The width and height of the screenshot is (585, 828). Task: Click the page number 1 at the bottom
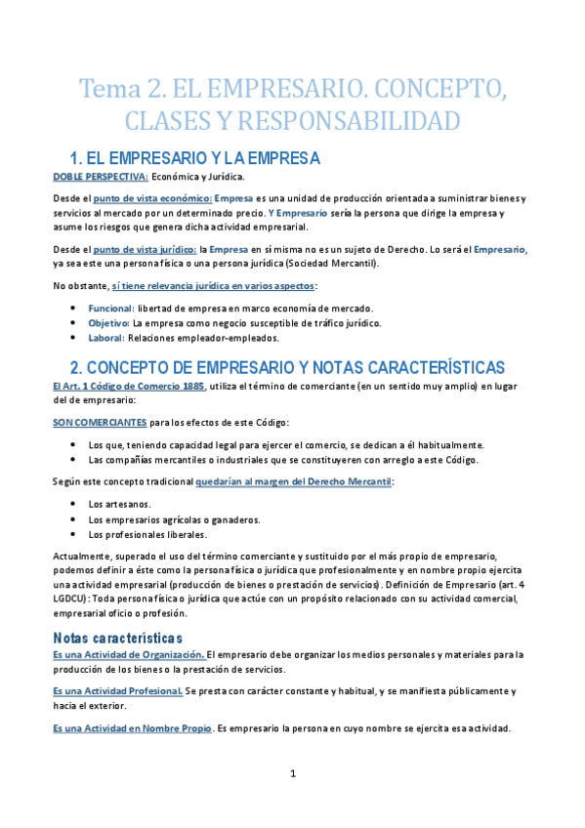pyautogui.click(x=293, y=774)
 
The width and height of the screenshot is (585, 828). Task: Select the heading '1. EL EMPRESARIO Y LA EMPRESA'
pyautogui.click(x=194, y=157)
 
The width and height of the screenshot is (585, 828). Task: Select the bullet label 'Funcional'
pyautogui.click(x=110, y=309)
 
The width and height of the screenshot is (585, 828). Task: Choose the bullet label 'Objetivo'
pyautogui.click(x=107, y=322)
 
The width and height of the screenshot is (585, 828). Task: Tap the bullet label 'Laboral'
pyautogui.click(x=105, y=338)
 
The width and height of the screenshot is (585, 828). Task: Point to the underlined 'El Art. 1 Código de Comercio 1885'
pyautogui.click(x=130, y=386)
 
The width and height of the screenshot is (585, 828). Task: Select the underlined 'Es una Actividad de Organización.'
pyautogui.click(x=128, y=654)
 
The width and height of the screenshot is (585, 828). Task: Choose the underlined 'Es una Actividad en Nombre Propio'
pyautogui.click(x=132, y=727)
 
